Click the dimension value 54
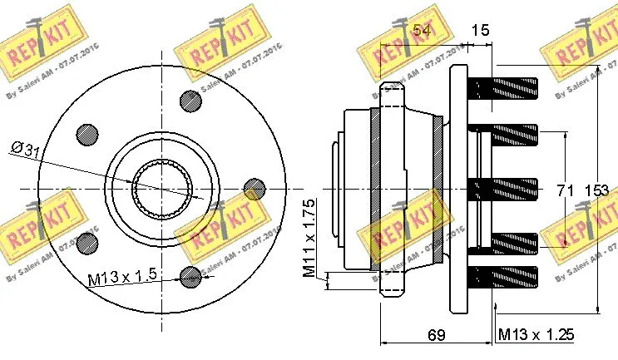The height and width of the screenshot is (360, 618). coord(423,31)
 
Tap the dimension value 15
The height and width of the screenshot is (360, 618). coord(480,31)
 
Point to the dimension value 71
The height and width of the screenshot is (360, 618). coord(565,191)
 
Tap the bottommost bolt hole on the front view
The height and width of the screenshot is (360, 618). coord(192,275)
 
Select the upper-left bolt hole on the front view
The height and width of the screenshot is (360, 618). coord(87,134)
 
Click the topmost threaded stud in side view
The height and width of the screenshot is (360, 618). coord(505,86)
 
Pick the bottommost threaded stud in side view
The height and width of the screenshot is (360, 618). coord(505,278)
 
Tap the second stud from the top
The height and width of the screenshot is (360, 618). coord(505,133)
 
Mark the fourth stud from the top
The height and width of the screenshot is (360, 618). coord(505,244)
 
